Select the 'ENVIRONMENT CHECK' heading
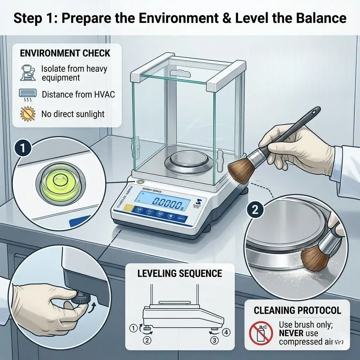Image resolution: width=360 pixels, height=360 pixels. (x=65, y=53)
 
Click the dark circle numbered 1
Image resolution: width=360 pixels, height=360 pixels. (x=22, y=148)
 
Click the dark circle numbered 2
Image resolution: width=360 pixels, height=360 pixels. (x=255, y=210)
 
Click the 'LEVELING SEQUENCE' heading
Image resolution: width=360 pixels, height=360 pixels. (x=180, y=274)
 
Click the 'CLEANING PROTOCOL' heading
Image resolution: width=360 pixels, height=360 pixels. (x=297, y=310)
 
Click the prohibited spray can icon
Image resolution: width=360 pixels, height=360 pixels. (x=261, y=333)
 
